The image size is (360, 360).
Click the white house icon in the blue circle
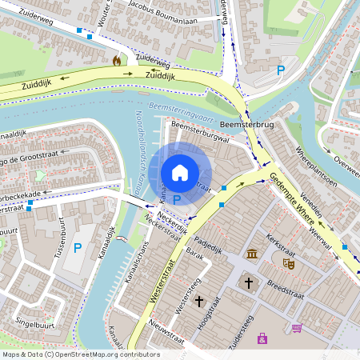pos(180,171)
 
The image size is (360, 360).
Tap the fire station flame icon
pos(118,60)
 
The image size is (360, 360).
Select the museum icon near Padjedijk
pos(253,254)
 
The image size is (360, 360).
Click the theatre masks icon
pos(288,261)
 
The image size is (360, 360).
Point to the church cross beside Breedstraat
pos(249,282)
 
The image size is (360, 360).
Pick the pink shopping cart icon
pos(298,328)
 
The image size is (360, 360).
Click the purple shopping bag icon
pos(262,339)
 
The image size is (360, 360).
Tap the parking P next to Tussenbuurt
pos(78,248)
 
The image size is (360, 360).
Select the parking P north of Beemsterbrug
pos(280,70)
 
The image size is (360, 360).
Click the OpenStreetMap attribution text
pos(80,354)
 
